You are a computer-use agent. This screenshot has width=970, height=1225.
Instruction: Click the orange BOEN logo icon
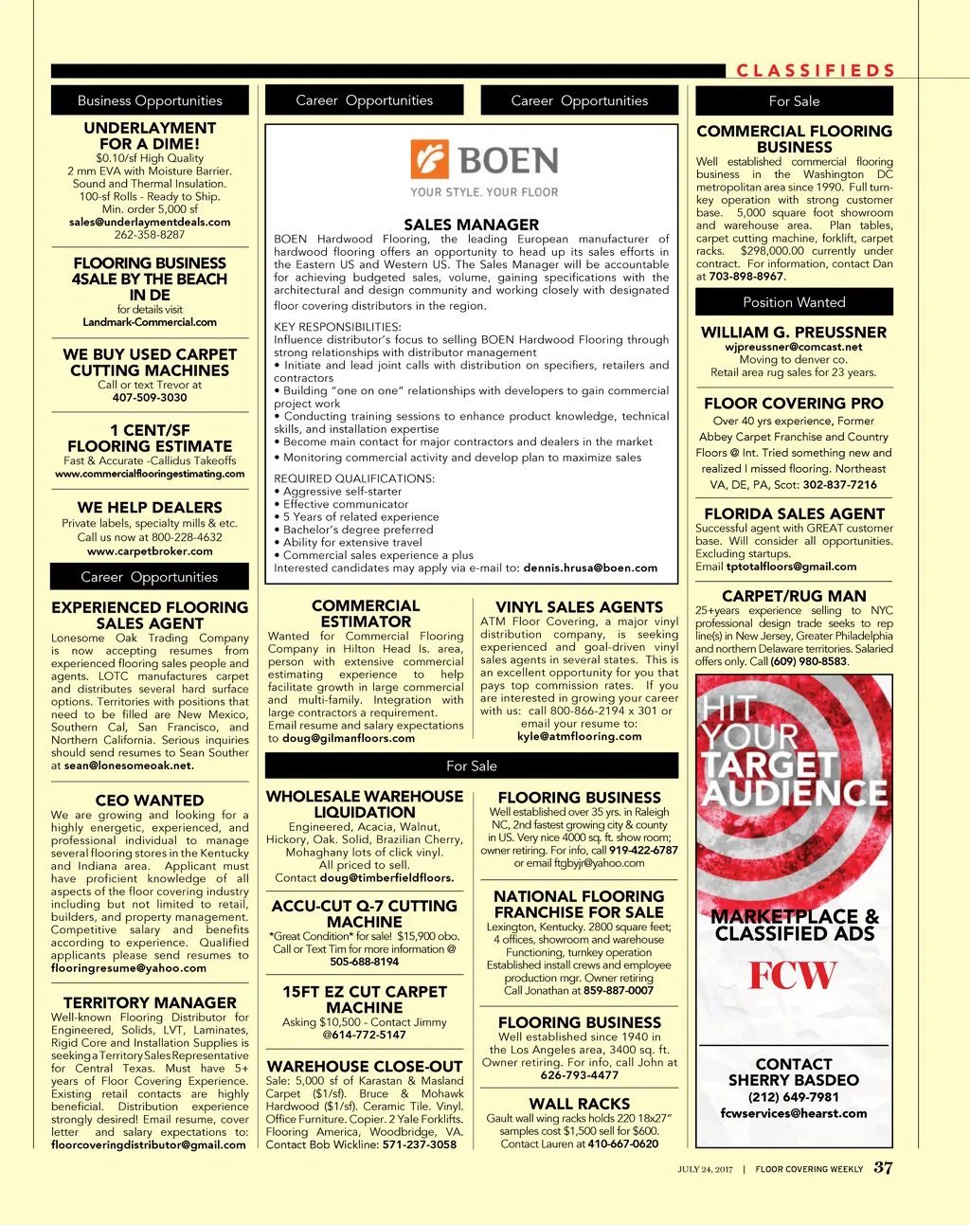(x=429, y=160)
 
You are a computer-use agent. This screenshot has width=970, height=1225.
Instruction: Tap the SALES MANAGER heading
(x=471, y=225)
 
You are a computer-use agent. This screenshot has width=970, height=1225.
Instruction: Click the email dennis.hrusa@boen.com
(x=590, y=568)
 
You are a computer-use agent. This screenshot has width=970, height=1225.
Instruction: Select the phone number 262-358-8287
(x=150, y=235)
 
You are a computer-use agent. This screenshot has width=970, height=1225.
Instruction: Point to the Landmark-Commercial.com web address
(x=150, y=322)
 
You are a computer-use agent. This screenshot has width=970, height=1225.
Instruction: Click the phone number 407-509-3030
(x=150, y=398)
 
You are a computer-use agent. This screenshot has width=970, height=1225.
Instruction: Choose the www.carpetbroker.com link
(x=150, y=551)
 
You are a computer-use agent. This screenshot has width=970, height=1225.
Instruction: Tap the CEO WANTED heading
(x=150, y=801)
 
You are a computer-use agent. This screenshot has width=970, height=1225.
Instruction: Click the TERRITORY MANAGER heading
(x=150, y=1002)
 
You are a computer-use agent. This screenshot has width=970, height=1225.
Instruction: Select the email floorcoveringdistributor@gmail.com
(x=149, y=1144)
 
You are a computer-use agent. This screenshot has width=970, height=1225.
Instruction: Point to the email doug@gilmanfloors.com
(x=349, y=738)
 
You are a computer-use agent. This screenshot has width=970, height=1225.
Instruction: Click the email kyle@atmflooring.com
(x=579, y=736)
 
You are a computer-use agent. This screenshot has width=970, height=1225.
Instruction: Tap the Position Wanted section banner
(x=794, y=302)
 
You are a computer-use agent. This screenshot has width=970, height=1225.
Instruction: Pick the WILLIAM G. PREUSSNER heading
(x=794, y=333)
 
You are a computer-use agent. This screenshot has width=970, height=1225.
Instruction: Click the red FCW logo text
(x=793, y=976)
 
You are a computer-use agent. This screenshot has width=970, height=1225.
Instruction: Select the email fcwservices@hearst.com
(x=794, y=1113)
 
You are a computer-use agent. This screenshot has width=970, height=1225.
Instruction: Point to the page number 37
(x=883, y=1167)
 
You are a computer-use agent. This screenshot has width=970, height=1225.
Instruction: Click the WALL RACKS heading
(x=579, y=1104)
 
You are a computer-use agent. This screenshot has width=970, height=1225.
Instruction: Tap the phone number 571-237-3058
(x=420, y=1144)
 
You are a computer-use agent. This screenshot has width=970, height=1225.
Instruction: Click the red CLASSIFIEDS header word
(x=816, y=71)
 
